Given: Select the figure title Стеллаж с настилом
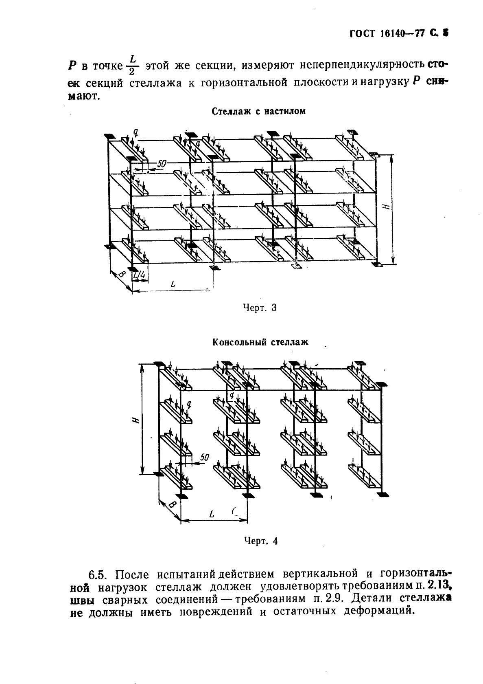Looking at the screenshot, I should coord(258,111).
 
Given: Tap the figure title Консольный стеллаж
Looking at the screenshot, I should coord(260,342).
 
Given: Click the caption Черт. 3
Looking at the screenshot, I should coord(259,308).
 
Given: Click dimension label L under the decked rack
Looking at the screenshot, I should coord(173,286).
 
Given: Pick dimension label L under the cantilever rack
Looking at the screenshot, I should coord(211,515).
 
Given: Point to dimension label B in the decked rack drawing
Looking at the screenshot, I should coord(121,275).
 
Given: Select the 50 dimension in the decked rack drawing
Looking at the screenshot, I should coord(161,163).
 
